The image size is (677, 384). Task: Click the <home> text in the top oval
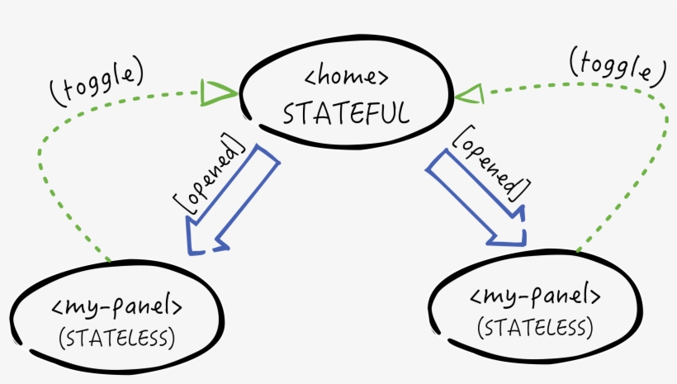(x=346, y=79)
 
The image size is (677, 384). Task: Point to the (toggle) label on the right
(x=617, y=67)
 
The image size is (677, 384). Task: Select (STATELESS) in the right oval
(x=535, y=328)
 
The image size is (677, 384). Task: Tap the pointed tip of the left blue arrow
(x=192, y=251)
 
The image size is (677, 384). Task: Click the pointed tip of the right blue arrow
(x=523, y=243)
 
